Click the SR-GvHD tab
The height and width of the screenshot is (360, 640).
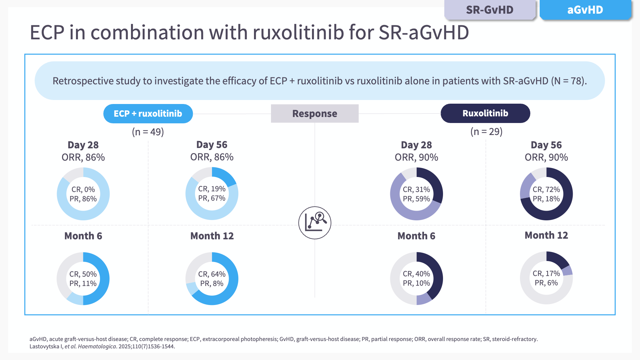click(x=489, y=10)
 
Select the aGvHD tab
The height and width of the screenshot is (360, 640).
click(x=585, y=10)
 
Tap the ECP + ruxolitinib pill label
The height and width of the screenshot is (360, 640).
click(x=148, y=114)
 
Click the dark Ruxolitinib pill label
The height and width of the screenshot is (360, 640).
click(x=485, y=113)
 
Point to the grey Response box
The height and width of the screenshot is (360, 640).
click(x=315, y=114)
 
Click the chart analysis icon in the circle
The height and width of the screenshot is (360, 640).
click(x=315, y=223)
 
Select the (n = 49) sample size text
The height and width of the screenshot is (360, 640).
click(x=148, y=132)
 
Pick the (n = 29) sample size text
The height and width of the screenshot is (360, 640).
click(x=486, y=132)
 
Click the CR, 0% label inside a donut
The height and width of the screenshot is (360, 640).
click(x=83, y=189)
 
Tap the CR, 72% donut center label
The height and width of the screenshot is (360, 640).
click(x=546, y=189)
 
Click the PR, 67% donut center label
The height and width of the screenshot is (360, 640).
click(x=212, y=198)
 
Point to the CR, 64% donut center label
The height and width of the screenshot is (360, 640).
click(x=212, y=274)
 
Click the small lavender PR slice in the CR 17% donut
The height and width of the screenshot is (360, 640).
click(x=567, y=271)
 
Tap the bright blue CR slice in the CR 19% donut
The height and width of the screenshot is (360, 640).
click(x=225, y=176)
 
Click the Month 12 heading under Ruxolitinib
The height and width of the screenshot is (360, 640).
click(x=546, y=235)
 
